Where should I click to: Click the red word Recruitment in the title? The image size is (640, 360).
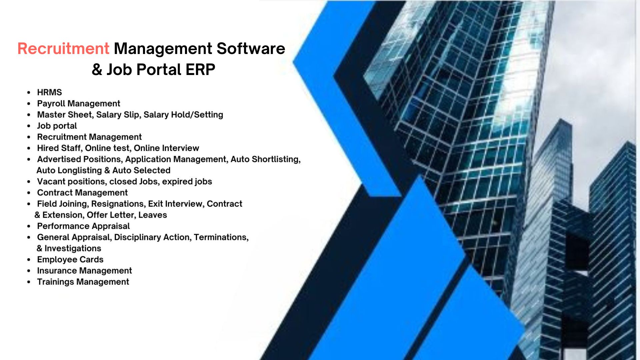[63, 49]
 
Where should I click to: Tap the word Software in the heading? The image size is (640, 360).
[251, 49]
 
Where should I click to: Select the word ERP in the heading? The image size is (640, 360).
[200, 70]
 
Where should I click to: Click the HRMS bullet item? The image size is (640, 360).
[49, 92]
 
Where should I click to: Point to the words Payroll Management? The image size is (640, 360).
[79, 104]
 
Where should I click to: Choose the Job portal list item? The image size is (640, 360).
[57, 126]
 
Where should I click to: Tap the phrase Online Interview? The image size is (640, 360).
[166, 148]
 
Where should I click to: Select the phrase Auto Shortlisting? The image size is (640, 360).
[266, 159]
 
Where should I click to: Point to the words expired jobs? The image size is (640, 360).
[187, 182]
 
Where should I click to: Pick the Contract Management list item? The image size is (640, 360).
[82, 193]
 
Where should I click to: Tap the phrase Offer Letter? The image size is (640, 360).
[110, 215]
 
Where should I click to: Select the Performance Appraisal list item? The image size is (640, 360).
[83, 226]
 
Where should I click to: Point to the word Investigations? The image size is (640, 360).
[73, 248]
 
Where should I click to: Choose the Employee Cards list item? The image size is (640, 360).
[70, 260]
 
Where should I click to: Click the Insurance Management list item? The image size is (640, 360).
[84, 271]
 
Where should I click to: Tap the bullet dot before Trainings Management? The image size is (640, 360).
[29, 282]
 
